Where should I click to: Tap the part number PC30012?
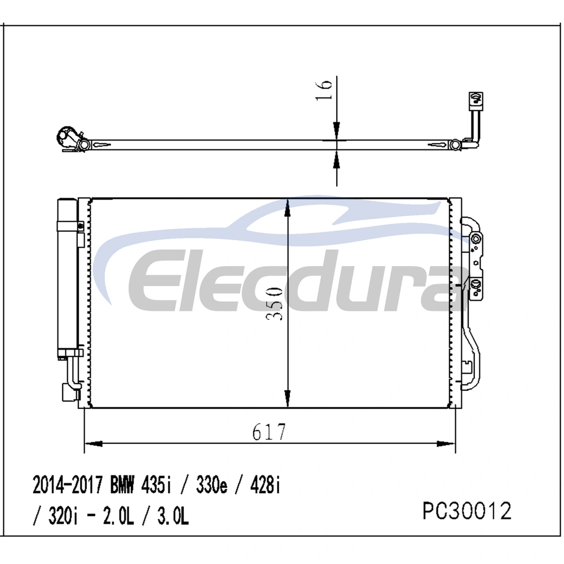click(467, 511)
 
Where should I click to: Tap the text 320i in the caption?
click(63, 516)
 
